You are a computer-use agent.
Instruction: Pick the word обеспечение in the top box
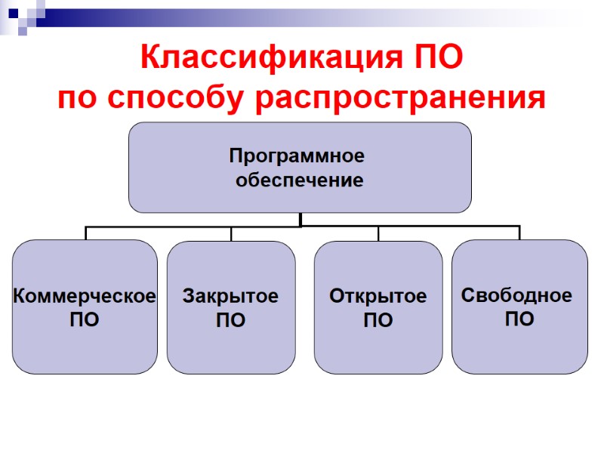point(300,180)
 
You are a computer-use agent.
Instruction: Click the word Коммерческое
point(85,296)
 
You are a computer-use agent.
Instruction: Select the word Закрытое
point(230,297)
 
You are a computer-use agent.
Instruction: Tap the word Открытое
point(377,297)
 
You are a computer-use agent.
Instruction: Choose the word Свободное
point(516,294)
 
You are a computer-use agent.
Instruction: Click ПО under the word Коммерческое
point(85,320)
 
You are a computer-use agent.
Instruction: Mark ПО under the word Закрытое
point(230,321)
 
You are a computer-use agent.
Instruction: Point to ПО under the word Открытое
point(377,321)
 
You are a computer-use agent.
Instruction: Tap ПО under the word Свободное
point(519,319)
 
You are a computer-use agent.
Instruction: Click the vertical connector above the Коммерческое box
point(86,233)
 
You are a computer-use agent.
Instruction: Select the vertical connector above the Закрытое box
point(231,233)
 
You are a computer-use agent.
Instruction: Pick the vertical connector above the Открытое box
point(378,233)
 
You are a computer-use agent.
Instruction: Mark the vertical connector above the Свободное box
point(519,233)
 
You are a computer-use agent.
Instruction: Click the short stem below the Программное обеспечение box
point(300,219)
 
